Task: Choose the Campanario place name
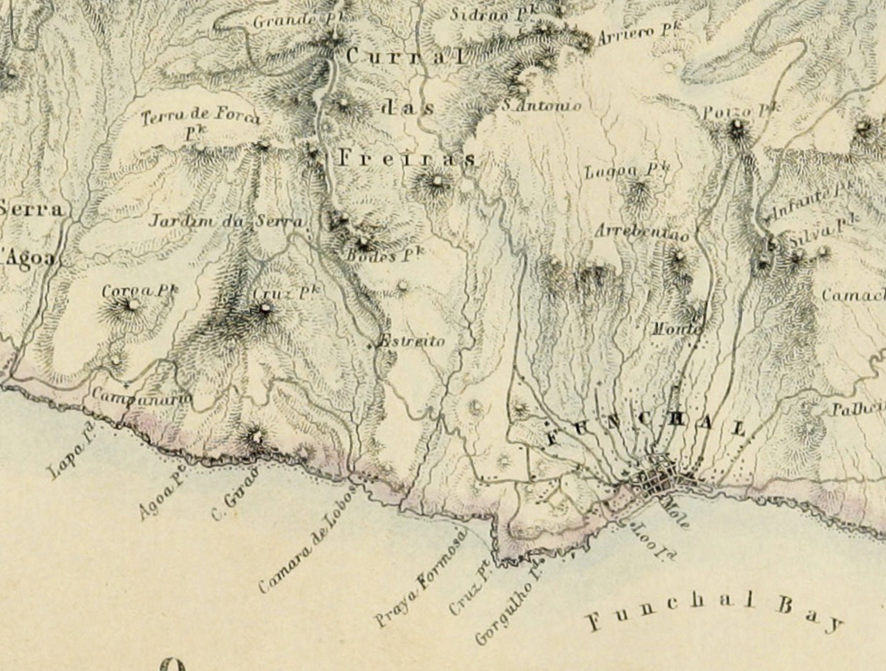[x=142, y=396]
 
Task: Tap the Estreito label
[x=410, y=341]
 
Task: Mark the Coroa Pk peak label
[x=140, y=290]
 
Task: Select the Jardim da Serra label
[x=227, y=221]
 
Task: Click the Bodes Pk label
[x=384, y=256]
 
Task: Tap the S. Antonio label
[x=541, y=105]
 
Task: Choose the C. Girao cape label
[x=232, y=502]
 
